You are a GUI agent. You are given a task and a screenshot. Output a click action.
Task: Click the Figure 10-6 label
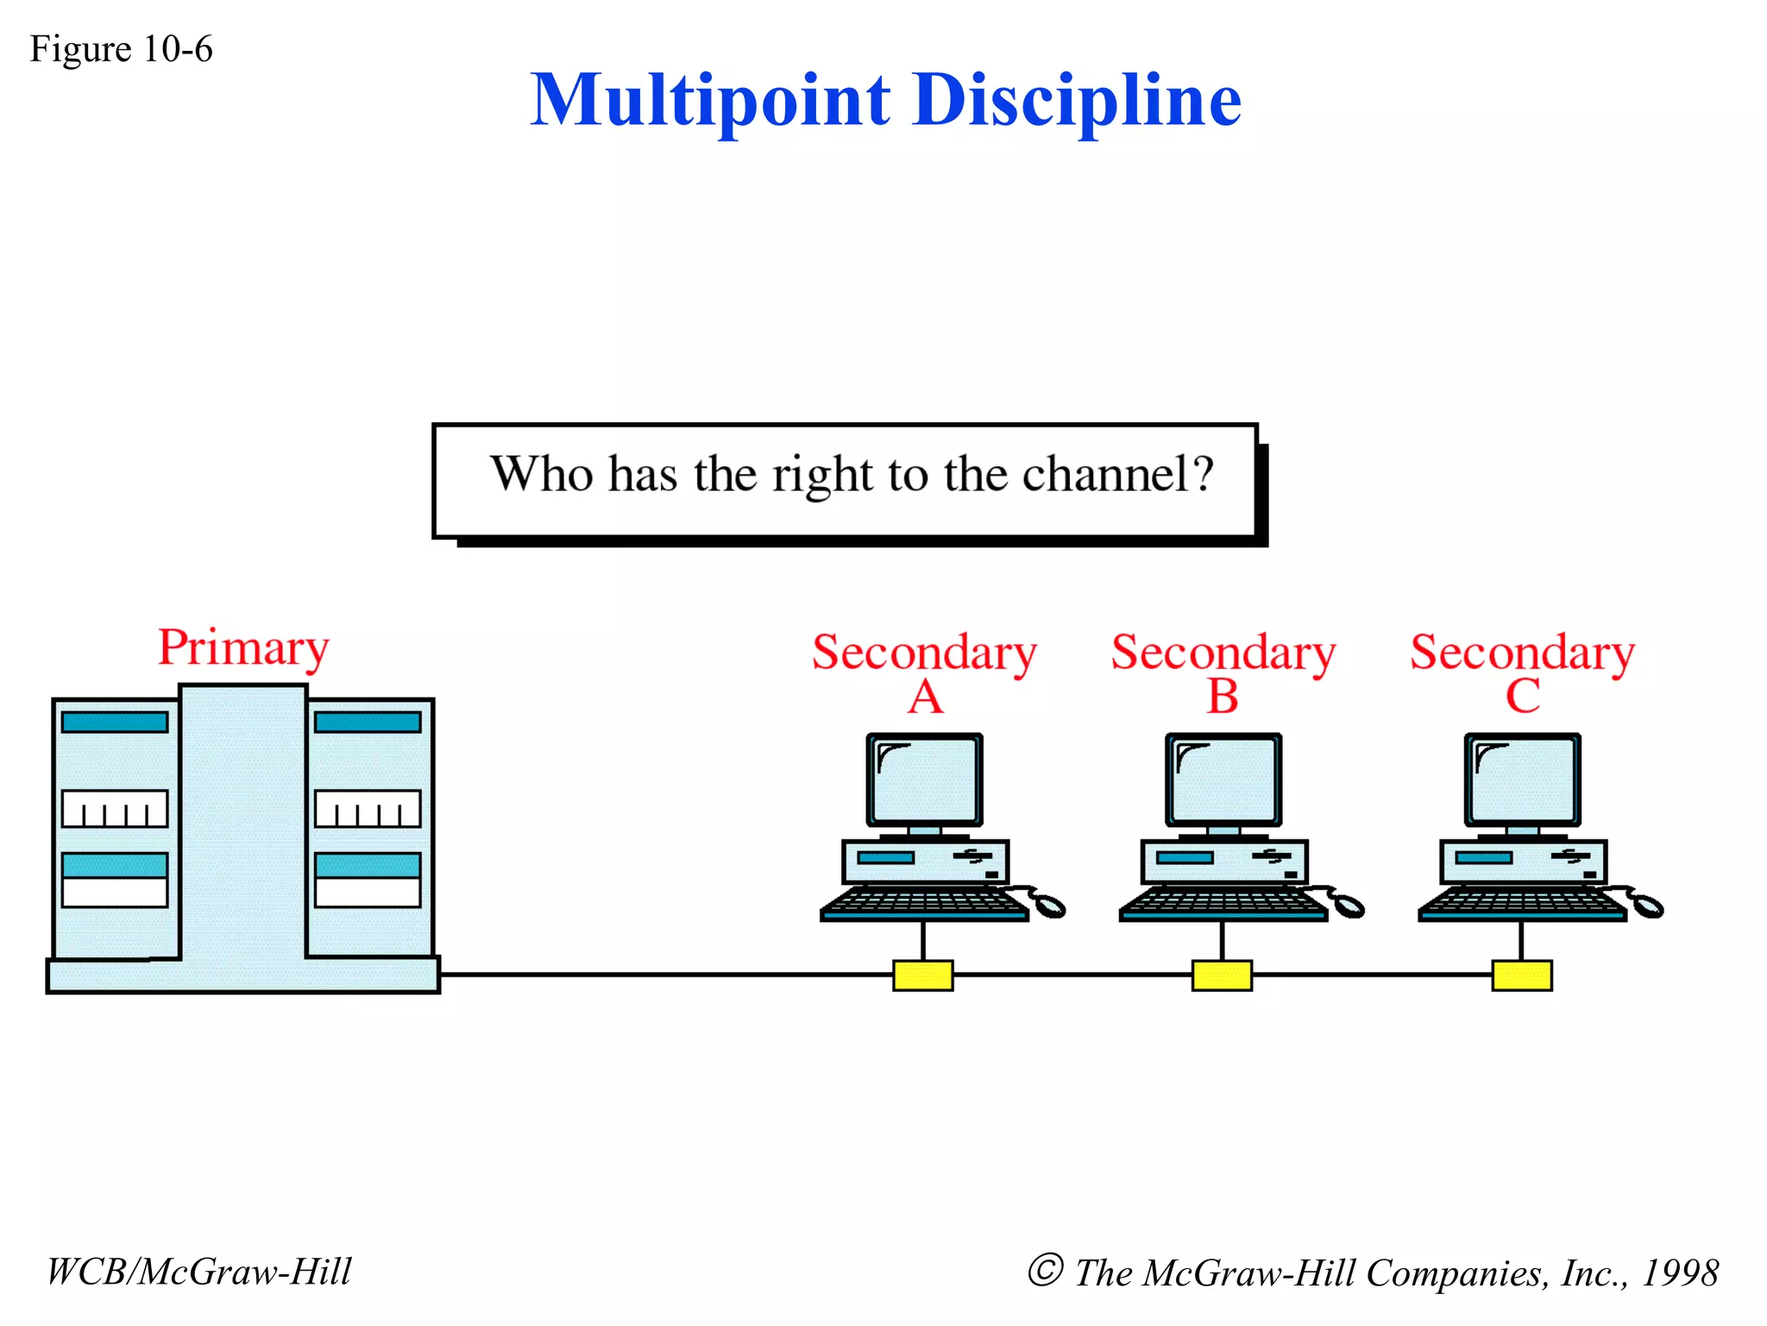coord(121,49)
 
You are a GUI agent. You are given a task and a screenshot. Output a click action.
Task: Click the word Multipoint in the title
coord(709,101)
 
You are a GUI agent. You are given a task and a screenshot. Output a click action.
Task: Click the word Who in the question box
coord(542,474)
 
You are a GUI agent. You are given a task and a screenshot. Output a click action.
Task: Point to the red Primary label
coord(243,648)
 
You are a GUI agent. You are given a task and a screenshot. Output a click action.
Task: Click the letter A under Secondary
coord(925,697)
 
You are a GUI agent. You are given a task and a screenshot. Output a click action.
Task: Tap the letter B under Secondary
coord(1223,697)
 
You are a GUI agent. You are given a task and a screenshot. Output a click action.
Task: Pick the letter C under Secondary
coord(1522,697)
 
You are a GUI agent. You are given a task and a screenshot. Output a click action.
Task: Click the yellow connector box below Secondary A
coord(922,976)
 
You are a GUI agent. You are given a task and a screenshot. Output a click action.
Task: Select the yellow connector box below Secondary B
coord(1222,976)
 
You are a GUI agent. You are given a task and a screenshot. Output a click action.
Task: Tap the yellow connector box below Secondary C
coord(1521,976)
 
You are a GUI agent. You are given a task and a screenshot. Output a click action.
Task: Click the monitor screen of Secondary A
coord(925,780)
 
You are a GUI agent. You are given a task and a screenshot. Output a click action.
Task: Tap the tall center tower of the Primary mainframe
coord(243,820)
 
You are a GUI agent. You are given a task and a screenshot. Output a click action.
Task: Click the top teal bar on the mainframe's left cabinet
coord(115,722)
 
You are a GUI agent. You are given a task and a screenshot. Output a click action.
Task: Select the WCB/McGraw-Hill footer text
coord(199,1272)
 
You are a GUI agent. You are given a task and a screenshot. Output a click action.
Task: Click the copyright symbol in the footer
coord(1045,1270)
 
